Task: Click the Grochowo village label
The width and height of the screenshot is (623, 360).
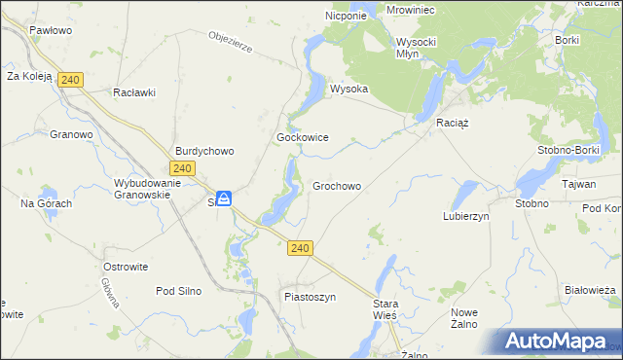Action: click(337, 186)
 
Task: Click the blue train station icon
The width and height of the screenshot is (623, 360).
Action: click(225, 199)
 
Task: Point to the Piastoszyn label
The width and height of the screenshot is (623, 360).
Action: click(310, 296)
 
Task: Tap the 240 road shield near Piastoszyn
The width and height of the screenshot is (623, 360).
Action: click(300, 249)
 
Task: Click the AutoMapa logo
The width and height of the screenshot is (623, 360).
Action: click(554, 342)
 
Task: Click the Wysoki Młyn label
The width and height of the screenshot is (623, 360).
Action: click(421, 48)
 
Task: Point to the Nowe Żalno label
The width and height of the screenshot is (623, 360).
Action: click(464, 318)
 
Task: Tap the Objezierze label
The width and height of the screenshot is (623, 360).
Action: click(232, 43)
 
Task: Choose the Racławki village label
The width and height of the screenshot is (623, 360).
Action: click(134, 92)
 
